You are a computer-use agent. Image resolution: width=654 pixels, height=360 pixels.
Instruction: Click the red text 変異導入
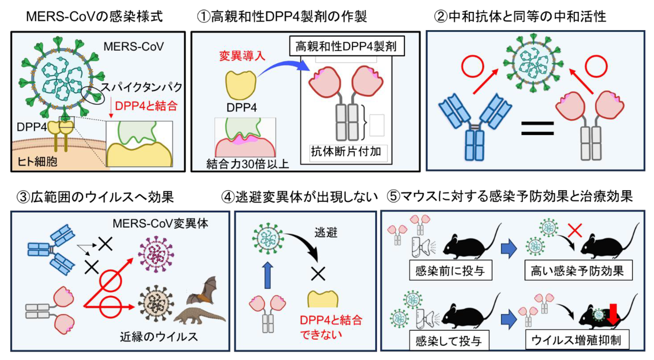[242, 56]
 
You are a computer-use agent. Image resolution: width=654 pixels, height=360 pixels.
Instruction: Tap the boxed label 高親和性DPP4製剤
[347, 46]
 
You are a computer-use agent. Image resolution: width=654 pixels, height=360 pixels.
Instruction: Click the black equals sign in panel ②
[537, 128]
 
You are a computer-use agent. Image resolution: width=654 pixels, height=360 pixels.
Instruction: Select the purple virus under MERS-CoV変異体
[156, 254]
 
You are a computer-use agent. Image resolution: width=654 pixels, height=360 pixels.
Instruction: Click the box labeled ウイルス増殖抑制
[577, 340]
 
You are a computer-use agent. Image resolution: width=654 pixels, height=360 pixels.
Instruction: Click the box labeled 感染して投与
[449, 341]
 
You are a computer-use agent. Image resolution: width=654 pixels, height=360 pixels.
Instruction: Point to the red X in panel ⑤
[575, 230]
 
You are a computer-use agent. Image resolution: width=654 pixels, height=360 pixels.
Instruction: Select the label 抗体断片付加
[346, 152]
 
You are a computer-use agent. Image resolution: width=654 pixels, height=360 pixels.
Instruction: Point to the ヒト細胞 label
[37, 161]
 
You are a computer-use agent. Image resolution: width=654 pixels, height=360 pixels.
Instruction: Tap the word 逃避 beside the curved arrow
[326, 233]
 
